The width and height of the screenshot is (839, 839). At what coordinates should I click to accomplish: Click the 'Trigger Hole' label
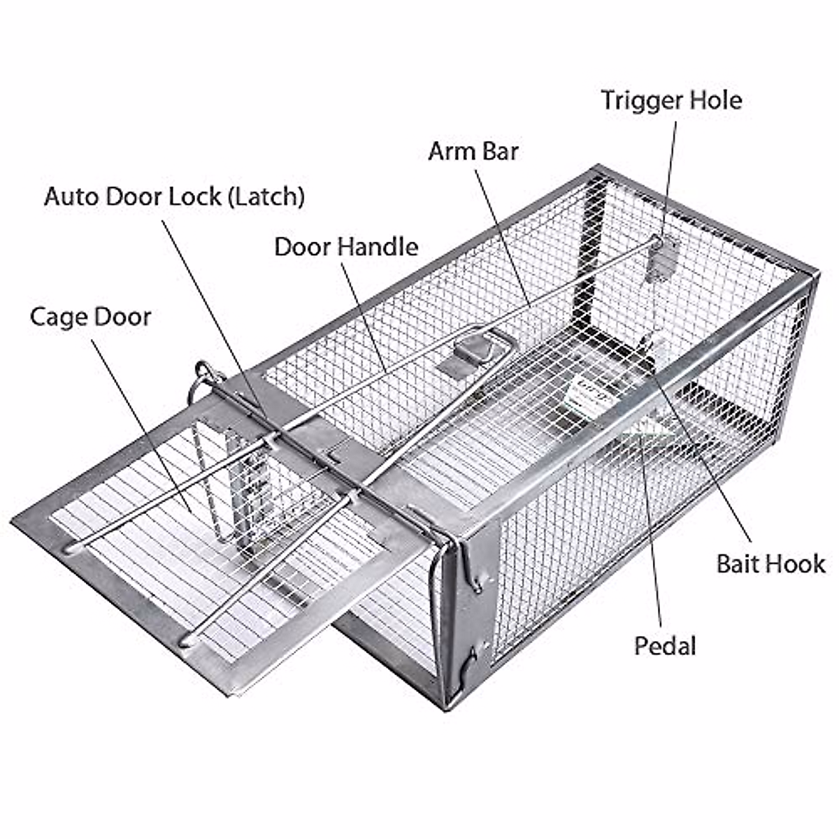click(x=671, y=100)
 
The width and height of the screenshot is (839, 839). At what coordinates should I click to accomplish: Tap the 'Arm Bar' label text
click(x=473, y=150)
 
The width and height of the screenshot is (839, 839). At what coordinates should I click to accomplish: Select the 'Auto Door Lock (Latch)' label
click(x=174, y=196)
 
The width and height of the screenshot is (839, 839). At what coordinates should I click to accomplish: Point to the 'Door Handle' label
click(x=346, y=247)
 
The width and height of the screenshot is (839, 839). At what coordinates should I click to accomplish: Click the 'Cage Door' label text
click(x=90, y=317)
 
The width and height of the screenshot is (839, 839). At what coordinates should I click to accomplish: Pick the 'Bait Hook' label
click(x=770, y=564)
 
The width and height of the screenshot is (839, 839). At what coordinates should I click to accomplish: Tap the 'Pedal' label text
click(x=665, y=645)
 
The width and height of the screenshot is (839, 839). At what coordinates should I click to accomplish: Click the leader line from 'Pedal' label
click(x=652, y=531)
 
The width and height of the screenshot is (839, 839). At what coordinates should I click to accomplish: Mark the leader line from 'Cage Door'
click(x=140, y=419)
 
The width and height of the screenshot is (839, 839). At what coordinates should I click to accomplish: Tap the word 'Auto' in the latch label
click(x=72, y=196)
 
